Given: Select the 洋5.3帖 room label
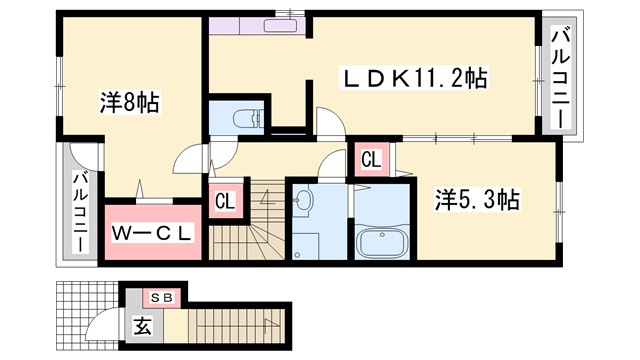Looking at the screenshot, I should point(475,199).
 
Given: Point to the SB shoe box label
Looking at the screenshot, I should point(159,298).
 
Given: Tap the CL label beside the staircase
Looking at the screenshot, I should point(225,200).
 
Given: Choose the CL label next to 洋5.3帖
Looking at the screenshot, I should point(370,158).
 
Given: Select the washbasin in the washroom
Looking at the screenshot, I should point(306,200).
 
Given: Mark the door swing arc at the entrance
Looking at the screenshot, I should point(101,326).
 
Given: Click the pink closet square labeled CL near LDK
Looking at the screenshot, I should point(370,158).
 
